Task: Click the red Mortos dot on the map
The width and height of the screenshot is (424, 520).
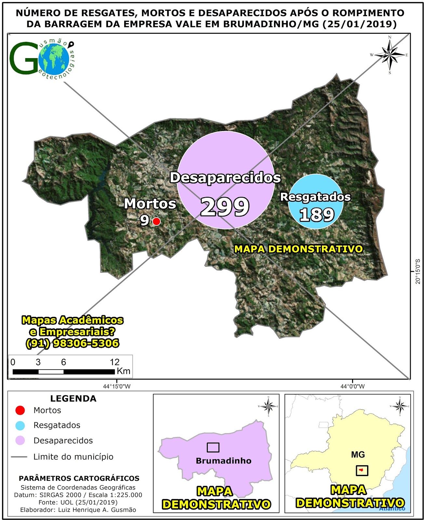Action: point(156,221)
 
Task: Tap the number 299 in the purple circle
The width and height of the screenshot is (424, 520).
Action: point(225,207)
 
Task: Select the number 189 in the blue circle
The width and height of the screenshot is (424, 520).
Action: point(317,214)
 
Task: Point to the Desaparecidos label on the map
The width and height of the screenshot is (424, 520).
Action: point(225,178)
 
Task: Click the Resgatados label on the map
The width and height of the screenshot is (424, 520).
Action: point(315,197)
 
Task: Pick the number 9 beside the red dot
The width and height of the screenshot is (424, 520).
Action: point(145,220)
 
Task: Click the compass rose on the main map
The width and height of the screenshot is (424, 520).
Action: point(390,55)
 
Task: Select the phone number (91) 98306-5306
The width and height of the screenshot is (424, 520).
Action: point(72,343)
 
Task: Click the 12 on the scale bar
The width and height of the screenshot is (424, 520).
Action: point(114,362)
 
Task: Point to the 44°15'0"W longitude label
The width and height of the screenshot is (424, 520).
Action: point(117,386)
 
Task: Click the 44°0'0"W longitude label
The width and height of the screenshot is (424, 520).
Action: point(352,386)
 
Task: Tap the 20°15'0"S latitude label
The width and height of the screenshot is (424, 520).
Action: point(418,271)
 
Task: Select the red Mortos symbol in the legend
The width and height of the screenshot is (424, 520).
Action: point(20,410)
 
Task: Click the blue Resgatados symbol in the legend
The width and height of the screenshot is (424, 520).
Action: point(20,425)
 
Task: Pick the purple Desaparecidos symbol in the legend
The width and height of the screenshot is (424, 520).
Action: point(20,441)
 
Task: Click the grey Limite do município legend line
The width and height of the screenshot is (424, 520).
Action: point(19,457)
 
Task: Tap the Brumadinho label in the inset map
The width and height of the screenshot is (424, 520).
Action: point(224,461)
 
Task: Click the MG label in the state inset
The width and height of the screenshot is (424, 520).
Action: point(358,455)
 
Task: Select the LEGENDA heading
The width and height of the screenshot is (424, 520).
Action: point(73,399)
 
